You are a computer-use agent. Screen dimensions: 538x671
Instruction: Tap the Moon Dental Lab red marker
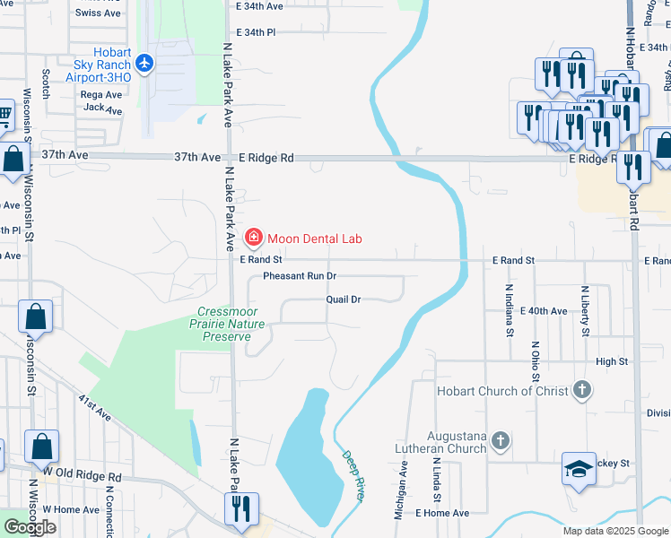254,238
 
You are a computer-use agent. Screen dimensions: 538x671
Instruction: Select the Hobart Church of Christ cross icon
582,390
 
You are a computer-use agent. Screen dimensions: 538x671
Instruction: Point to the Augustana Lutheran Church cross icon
501,440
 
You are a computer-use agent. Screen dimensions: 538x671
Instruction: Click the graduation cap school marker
579,468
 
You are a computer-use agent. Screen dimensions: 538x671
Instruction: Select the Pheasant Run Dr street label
300,276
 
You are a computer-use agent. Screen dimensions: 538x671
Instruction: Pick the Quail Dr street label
343,299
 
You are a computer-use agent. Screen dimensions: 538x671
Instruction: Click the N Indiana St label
509,309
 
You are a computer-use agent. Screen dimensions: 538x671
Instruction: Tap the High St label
612,361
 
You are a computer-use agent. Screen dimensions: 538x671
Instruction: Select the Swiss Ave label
99,13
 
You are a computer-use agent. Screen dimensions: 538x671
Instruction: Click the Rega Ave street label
100,94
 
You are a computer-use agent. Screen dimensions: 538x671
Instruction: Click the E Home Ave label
442,513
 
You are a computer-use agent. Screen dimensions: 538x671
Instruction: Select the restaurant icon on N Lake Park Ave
241,508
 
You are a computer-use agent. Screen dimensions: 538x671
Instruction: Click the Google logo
30,527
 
